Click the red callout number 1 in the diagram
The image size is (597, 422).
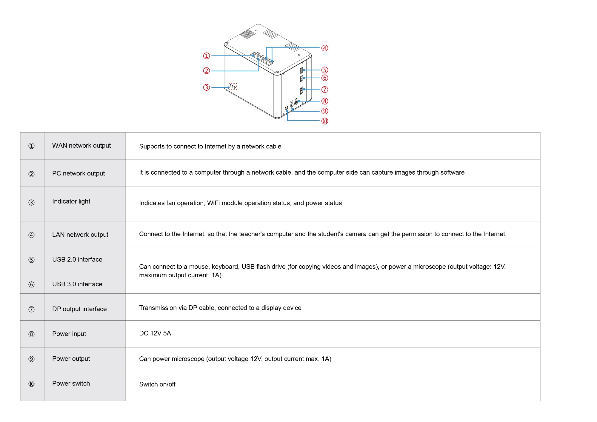206,56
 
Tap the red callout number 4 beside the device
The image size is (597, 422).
324,48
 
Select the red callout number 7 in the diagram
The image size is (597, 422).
324,90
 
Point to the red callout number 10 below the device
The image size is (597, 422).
324,121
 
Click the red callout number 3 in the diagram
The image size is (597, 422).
206,87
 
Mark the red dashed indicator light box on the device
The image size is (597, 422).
233,86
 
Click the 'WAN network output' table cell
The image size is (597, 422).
81,146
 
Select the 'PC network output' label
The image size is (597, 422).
79,173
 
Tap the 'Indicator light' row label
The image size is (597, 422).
71,201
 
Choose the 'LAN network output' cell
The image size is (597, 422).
80,235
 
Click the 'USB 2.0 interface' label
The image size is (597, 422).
77,260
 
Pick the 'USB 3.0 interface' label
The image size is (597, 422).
77,284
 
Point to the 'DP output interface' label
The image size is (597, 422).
79,309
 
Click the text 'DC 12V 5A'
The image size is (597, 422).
155,333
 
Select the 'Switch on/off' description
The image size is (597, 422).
157,384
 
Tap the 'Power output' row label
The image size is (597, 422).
71,359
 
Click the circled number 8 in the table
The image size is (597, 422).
31,334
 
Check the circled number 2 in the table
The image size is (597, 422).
31,174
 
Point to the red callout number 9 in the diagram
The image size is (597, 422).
324,111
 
